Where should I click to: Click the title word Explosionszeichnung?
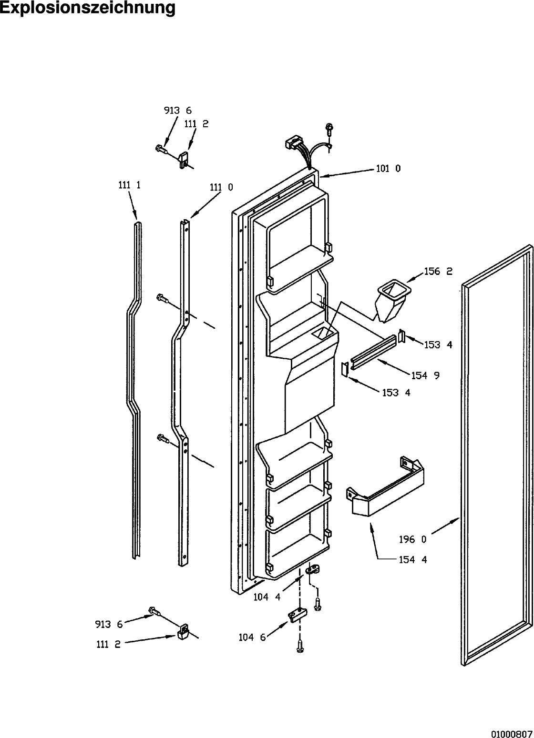tap(87, 9)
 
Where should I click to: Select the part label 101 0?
tap(388, 168)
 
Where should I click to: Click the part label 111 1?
tap(130, 185)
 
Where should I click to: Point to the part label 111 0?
tap(221, 187)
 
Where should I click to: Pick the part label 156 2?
tap(438, 271)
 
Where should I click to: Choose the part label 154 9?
tap(425, 375)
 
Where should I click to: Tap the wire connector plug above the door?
tap(294, 144)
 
